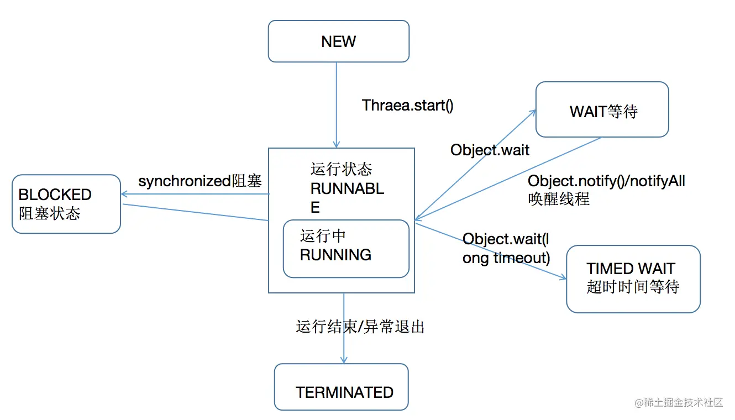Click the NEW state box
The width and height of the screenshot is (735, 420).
338,41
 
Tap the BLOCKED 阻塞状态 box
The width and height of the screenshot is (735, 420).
66,204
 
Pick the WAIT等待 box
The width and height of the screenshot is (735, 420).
602,110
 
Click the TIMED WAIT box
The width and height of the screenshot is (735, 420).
633,279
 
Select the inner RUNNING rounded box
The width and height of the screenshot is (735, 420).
346,249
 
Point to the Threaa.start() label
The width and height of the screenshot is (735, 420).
407,106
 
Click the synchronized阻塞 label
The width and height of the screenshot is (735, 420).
200,181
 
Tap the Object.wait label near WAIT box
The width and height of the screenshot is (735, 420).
490,150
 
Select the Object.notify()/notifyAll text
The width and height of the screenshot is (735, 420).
606,181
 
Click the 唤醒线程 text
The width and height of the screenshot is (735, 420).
559,199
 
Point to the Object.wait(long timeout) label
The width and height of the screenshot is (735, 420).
506,248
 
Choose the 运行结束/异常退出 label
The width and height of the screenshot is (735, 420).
360,327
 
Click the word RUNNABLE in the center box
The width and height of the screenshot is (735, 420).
347,189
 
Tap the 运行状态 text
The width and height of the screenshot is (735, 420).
341,169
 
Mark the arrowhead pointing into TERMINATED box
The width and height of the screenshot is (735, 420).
344,360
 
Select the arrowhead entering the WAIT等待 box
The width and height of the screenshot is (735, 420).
533,112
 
